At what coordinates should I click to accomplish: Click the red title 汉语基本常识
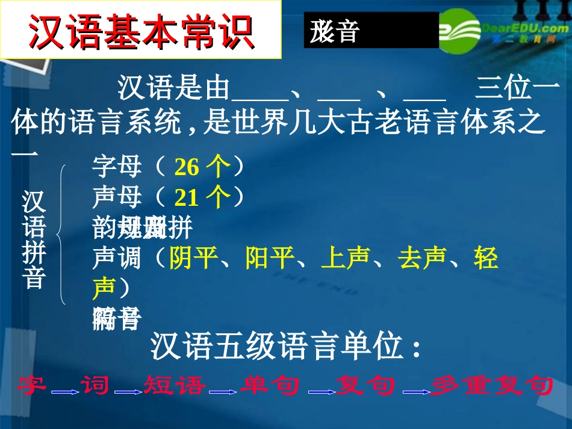tap(141, 29)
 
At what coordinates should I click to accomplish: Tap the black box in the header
tap(371, 30)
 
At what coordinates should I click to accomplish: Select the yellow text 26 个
tap(202, 167)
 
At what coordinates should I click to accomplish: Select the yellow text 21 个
tap(202, 197)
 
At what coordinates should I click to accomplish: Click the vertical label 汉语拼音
tap(34, 239)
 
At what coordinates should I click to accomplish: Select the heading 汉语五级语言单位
tap(284, 348)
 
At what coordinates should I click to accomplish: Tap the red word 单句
tap(270, 385)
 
